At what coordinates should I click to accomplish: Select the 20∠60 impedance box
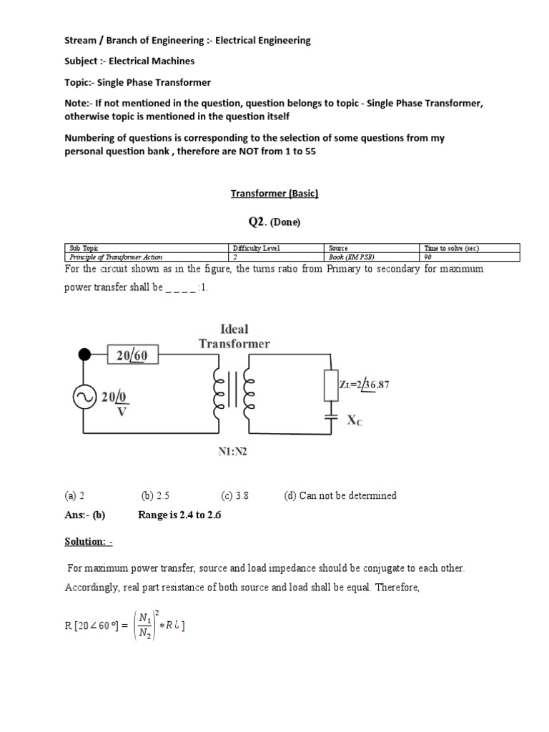coord(133,355)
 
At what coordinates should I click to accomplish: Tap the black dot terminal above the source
coord(84,354)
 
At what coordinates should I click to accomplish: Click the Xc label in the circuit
coord(355,421)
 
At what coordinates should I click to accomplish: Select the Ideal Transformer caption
coord(234,336)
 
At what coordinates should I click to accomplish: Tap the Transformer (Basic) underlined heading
coord(274,193)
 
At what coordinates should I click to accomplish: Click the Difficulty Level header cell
coord(254,248)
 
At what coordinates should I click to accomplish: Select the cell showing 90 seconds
coord(428,257)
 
